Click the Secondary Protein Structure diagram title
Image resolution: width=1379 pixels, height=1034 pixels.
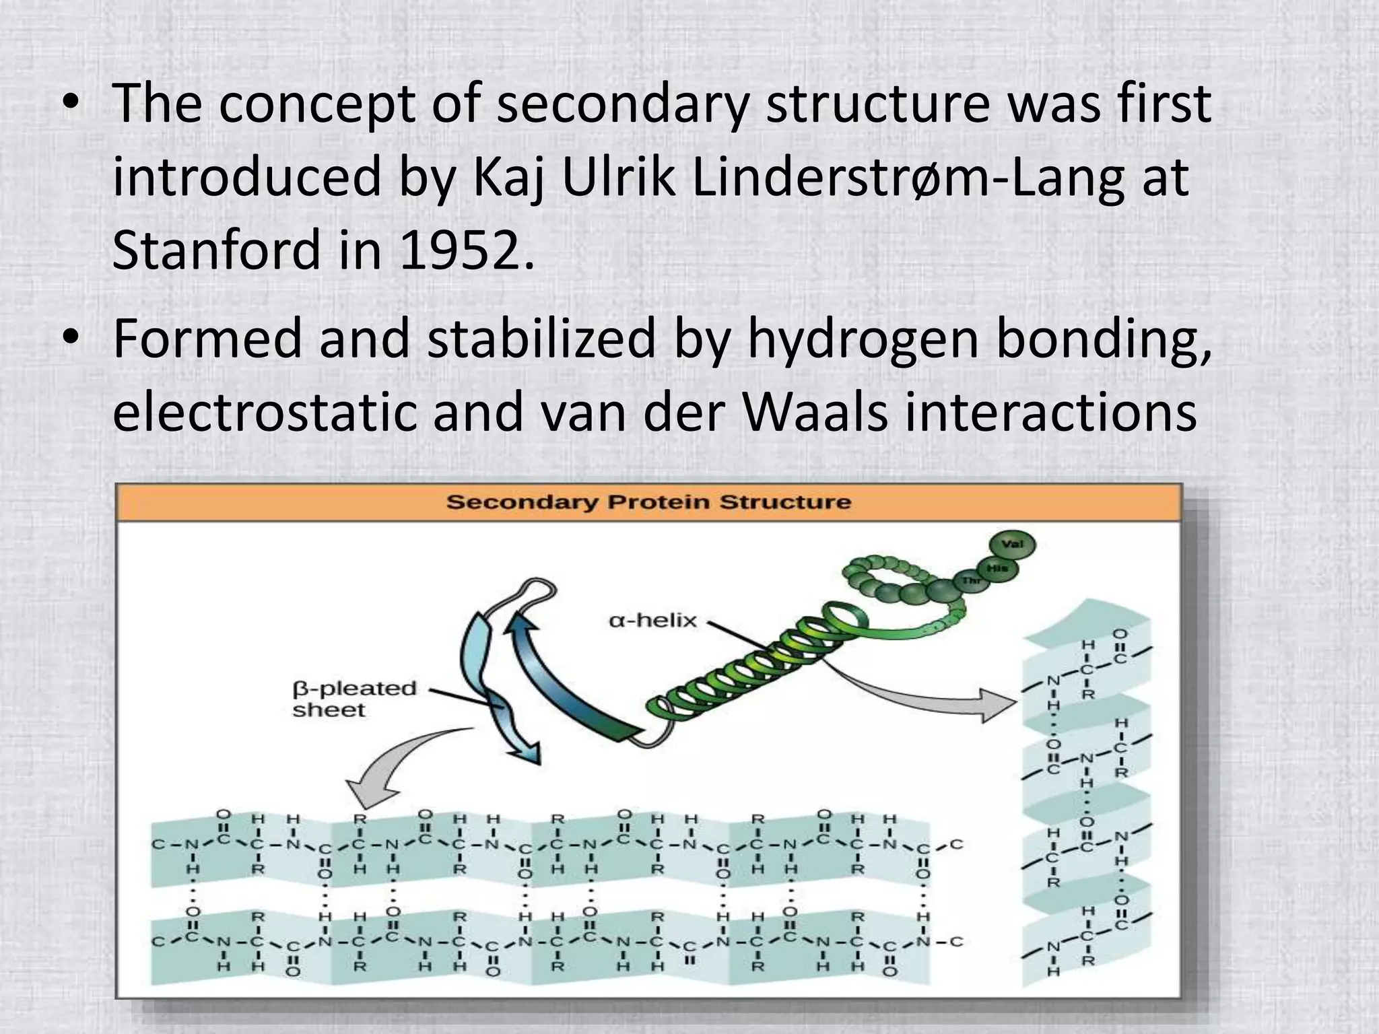click(x=648, y=502)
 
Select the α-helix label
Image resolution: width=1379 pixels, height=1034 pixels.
click(x=652, y=620)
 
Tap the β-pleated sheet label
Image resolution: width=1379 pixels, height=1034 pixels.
click(x=354, y=699)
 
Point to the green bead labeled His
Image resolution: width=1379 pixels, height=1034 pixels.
click(x=997, y=569)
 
